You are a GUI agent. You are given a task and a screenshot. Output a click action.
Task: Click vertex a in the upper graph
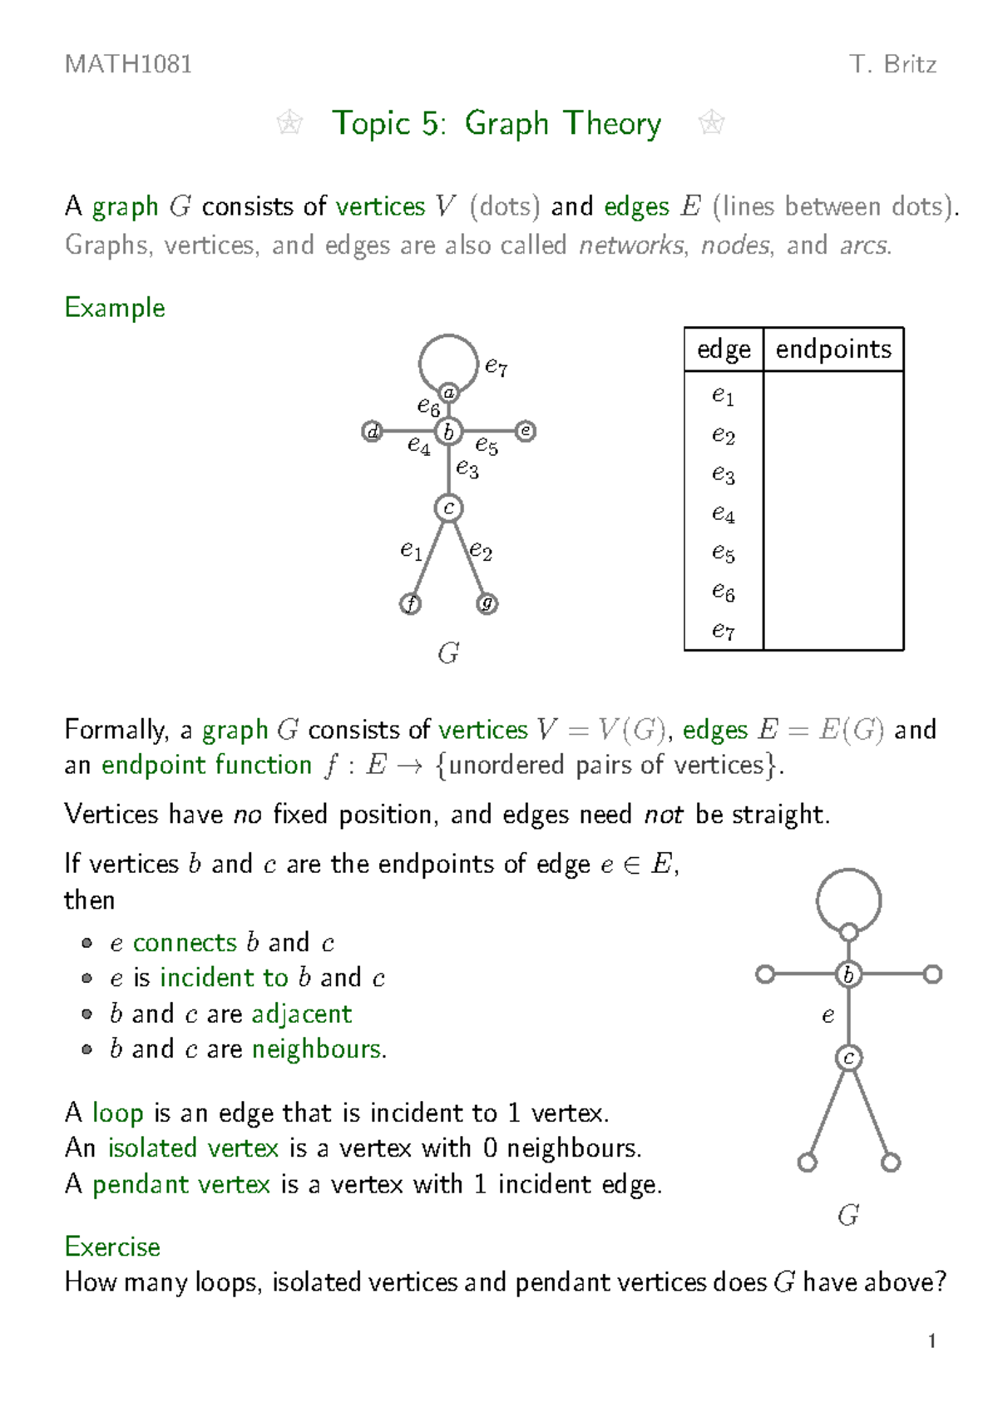click(x=449, y=393)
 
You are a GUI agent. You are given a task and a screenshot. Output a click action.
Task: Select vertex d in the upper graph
click(x=373, y=431)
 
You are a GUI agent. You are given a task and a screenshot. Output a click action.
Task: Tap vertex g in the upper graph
click(x=487, y=603)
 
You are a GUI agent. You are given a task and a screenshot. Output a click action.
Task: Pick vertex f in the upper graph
click(x=410, y=603)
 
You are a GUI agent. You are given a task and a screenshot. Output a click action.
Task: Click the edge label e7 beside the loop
click(x=497, y=366)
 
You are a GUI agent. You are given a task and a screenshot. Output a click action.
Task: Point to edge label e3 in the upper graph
click(x=467, y=469)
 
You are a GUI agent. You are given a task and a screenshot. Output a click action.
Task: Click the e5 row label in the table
click(x=723, y=553)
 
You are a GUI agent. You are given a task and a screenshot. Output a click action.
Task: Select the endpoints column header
click(x=833, y=350)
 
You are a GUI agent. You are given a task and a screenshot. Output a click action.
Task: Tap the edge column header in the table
click(x=724, y=350)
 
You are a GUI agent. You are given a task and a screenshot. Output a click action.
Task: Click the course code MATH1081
click(x=128, y=64)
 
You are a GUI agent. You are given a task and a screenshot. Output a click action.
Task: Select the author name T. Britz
click(x=892, y=64)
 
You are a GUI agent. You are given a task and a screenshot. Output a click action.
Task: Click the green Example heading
click(x=115, y=308)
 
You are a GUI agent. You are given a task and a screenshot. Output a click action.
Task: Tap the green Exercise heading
click(x=112, y=1247)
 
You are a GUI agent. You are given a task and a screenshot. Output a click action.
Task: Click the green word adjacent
click(x=302, y=1014)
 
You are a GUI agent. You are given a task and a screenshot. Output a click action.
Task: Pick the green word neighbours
click(x=319, y=1049)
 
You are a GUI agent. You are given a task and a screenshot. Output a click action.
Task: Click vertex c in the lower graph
click(x=848, y=1058)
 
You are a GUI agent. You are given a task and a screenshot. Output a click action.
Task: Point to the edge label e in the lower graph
click(x=828, y=1016)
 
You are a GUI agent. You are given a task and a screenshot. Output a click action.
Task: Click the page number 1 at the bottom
click(x=931, y=1341)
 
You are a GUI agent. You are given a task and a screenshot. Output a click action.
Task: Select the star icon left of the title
click(x=289, y=124)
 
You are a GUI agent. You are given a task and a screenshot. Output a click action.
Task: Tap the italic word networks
click(x=633, y=245)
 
